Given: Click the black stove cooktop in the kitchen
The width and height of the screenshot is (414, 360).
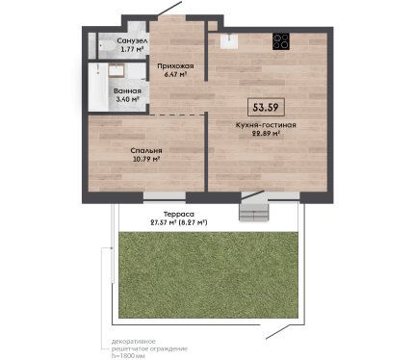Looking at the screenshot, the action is (x=281, y=41).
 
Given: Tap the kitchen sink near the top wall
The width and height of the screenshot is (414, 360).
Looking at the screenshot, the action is (x=229, y=41).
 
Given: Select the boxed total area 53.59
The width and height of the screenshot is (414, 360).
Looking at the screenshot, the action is (x=266, y=107).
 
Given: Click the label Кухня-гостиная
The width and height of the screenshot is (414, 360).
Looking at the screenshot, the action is (x=266, y=125).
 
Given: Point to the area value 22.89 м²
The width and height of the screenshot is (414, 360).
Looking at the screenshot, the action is (x=265, y=134).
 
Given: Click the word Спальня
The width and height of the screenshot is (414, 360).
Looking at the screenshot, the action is (x=146, y=150).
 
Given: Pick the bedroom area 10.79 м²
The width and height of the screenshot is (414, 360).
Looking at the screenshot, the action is (x=146, y=159).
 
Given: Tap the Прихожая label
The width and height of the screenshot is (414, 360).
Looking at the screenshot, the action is (x=175, y=66).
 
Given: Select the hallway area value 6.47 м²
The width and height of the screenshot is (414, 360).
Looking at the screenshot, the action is (x=175, y=74).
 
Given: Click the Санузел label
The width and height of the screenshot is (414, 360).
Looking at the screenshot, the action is (x=132, y=41).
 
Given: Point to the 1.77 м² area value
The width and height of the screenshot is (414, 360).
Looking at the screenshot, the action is (x=132, y=49).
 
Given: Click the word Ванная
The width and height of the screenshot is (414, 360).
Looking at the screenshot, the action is (x=127, y=91).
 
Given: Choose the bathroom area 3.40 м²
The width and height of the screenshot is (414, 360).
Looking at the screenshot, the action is (x=127, y=99).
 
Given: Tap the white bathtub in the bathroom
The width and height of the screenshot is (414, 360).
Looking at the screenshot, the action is (x=98, y=87).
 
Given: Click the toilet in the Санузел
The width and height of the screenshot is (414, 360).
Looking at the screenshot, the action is (x=108, y=47).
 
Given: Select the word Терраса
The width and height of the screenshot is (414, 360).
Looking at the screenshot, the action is (x=179, y=214).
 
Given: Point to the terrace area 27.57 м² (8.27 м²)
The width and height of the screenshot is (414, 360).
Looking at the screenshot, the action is (x=179, y=222).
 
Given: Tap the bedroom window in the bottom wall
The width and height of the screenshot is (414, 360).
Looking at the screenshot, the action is (x=165, y=197).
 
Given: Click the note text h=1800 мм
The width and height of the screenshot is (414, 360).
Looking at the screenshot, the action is (x=128, y=356).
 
